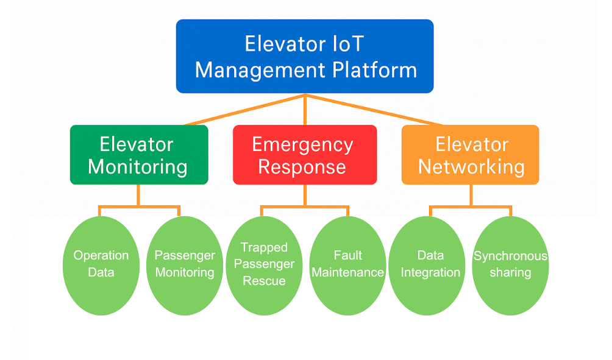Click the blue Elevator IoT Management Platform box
[305, 56]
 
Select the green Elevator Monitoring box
[139, 155]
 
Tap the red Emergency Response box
[305, 155]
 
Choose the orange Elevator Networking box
[471, 155]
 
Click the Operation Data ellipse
[101, 266]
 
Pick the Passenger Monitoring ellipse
[185, 266]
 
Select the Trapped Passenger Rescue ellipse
[264, 266]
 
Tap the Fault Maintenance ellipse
[348, 266]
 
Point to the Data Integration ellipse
[430, 266]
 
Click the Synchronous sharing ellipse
[510, 266]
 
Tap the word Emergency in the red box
[303, 144]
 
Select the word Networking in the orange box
[471, 166]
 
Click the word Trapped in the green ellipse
[264, 247]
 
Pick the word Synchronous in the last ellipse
[510, 256]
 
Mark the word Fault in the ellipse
[348, 255]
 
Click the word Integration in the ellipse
[430, 272]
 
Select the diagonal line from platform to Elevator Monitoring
[244, 110]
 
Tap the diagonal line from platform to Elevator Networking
[372, 110]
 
